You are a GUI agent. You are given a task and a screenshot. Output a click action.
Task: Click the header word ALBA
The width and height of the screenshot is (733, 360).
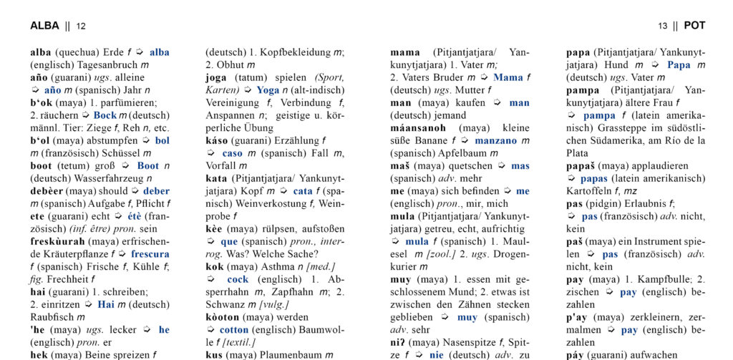[x=44, y=26]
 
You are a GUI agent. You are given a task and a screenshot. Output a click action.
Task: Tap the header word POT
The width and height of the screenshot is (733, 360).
[x=694, y=26]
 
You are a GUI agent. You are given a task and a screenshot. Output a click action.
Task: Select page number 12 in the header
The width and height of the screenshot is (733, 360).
[x=81, y=26]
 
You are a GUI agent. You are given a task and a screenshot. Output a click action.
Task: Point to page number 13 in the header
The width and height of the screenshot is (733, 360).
[x=664, y=26]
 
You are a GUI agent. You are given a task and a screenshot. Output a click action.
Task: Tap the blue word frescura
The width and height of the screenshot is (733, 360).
[x=150, y=254]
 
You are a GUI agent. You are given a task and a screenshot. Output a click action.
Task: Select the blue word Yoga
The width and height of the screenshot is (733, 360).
[x=268, y=90]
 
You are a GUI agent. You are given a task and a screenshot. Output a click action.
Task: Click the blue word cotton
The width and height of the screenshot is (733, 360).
[x=234, y=330]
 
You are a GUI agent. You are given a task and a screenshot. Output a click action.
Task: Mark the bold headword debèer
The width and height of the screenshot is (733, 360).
[x=47, y=191]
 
